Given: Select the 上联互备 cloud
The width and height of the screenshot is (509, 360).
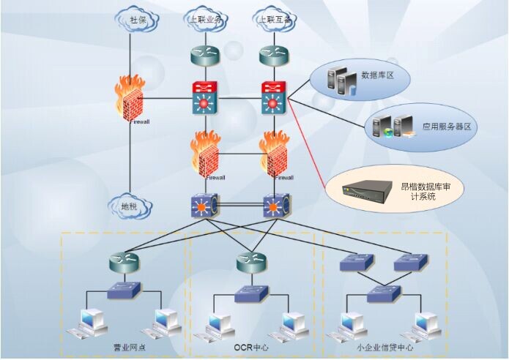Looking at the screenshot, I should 273,20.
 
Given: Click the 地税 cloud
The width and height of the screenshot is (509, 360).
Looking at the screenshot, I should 130,208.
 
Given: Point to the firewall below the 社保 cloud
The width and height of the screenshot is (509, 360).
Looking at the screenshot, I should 129,102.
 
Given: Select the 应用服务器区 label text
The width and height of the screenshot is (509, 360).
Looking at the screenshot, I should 446,126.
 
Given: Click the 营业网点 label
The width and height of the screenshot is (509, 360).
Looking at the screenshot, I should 130,346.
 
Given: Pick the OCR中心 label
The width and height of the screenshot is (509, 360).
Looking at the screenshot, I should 251,346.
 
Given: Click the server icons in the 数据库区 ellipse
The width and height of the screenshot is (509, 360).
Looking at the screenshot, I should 343,78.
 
